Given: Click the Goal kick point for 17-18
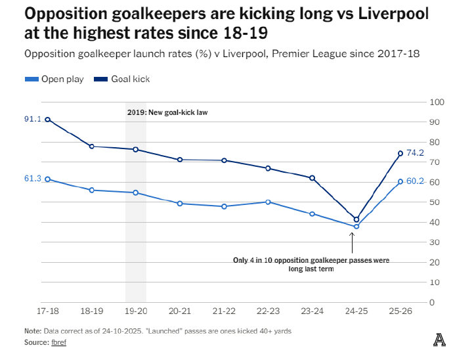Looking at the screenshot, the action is click(x=48, y=120).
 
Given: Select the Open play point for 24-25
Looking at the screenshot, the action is click(x=356, y=227).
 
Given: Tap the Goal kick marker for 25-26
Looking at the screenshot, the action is click(x=400, y=154).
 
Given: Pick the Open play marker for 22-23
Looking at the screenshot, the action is click(x=268, y=202).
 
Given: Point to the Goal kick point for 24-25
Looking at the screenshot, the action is click(x=356, y=219).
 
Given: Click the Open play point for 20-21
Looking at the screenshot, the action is click(x=180, y=204).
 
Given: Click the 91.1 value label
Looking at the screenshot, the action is click(x=33, y=119).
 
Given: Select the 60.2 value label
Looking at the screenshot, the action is click(x=415, y=181).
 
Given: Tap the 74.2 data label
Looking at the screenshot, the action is click(x=415, y=152).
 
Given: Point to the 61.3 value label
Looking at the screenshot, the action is click(x=33, y=179).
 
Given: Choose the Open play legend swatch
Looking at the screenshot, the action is click(x=32, y=79).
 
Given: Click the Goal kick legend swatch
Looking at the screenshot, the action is click(x=101, y=79).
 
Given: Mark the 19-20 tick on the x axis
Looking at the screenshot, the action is click(x=136, y=311).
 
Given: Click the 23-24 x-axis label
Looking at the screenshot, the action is click(x=313, y=311).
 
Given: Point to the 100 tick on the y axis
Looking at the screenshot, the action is click(x=437, y=102).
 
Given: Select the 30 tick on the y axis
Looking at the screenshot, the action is click(x=435, y=242).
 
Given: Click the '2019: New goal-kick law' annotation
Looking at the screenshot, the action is click(x=167, y=112).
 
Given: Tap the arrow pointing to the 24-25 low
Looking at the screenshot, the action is click(x=352, y=243).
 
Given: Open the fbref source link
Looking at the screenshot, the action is click(x=59, y=342).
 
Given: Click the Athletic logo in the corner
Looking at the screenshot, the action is click(x=439, y=340).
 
